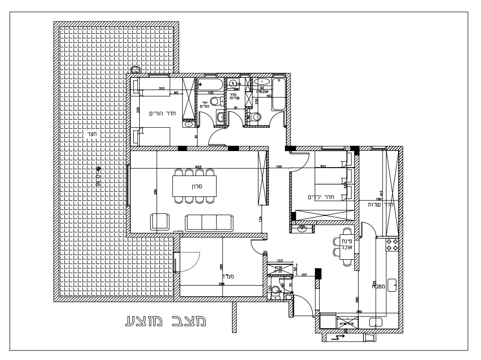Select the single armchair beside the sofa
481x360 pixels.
coord(160,221)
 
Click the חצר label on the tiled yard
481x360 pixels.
coord(91,133)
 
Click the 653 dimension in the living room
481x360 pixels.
coord(198,167)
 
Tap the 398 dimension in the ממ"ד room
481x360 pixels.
coord(221,284)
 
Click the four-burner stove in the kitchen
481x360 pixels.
coord(392,244)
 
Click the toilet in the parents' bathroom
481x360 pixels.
coord(215,102)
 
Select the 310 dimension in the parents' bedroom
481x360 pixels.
coord(161,88)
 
